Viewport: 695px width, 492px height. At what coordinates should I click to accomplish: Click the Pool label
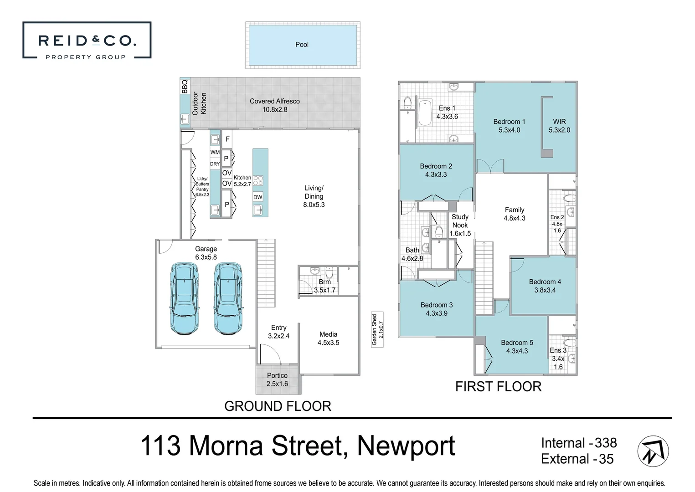302,45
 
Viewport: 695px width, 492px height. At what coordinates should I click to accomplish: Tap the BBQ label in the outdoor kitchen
185,87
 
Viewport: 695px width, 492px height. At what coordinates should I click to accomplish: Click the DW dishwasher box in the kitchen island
257,197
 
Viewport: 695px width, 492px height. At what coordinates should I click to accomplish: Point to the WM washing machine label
215,152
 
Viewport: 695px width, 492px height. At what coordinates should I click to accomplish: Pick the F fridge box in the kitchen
227,139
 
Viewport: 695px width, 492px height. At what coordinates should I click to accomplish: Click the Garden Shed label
377,330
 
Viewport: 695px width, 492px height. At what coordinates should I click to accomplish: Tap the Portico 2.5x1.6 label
277,379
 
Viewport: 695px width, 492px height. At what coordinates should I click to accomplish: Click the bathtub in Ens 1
425,113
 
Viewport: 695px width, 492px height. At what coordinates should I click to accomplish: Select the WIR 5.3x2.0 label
559,126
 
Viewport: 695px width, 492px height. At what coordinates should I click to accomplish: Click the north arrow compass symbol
653,451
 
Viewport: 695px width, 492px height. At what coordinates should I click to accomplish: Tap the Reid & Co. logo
87,41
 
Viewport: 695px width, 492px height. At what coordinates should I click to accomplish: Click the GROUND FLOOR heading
278,406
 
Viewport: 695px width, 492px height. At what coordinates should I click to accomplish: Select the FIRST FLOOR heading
498,386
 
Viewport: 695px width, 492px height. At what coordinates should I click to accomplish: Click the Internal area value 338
606,443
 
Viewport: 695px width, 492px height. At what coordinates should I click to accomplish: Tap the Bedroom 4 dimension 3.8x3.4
545,290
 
